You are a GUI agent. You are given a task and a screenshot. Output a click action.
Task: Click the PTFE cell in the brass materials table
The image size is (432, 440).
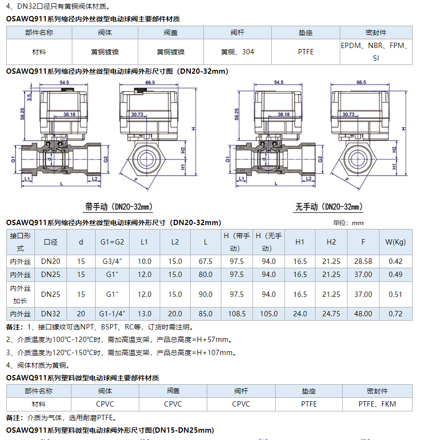pyautogui.click(x=306, y=52)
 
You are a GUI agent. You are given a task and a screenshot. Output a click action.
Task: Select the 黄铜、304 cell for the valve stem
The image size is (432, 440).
pyautogui.click(x=237, y=52)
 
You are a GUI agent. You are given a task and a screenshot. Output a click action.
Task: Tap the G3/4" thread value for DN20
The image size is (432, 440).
pyautogui.click(x=112, y=261)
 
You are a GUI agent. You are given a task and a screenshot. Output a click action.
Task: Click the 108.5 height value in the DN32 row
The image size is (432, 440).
pyautogui.click(x=237, y=314)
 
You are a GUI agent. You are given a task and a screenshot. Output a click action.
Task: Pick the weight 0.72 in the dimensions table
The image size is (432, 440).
pyautogui.click(x=395, y=314)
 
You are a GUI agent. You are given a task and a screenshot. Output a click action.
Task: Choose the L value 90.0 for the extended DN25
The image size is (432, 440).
pyautogui.click(x=205, y=294)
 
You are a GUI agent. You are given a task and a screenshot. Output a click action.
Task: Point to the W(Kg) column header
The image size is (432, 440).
pyautogui.click(x=396, y=242)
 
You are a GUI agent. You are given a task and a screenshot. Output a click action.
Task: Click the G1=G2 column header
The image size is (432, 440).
pyautogui.click(x=112, y=242)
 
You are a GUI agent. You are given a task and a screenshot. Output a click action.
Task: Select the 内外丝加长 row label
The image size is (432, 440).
pyautogui.click(x=20, y=294)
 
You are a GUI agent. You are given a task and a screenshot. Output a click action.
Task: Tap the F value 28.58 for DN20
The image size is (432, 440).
pyautogui.click(x=363, y=261)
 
